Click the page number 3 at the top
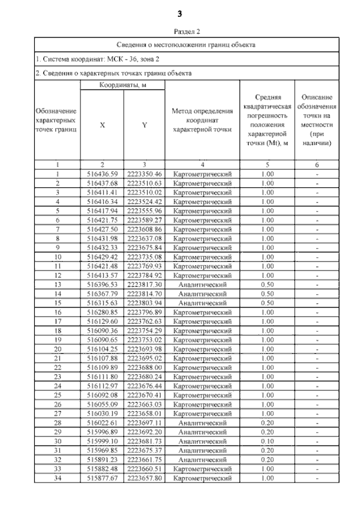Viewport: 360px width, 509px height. click(180, 13)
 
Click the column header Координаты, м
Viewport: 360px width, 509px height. click(123, 85)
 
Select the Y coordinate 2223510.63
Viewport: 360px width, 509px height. click(144, 183)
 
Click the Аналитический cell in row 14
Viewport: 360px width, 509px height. click(202, 294)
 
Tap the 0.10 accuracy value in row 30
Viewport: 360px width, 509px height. click(268, 442)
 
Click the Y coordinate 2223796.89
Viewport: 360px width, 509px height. click(144, 312)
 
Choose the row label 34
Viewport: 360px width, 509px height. click(57, 479)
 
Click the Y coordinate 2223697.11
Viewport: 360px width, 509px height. click(144, 423)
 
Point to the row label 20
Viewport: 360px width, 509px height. click(57, 349)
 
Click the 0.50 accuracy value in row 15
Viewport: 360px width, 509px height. click(268, 303)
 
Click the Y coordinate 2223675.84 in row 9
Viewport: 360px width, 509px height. click(144, 248)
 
